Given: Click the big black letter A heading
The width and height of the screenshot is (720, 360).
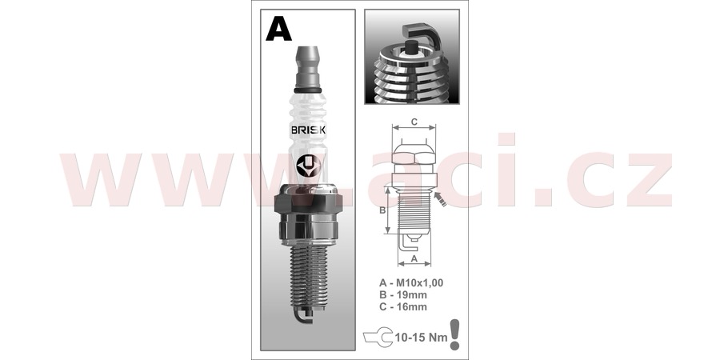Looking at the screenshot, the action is point(278,29).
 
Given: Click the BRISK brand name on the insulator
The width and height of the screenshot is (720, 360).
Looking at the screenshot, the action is point(309,130).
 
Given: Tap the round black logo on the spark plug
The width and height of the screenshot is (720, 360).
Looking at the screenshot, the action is point(308,166).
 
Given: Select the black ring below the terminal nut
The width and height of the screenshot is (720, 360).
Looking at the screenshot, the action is point(309,90).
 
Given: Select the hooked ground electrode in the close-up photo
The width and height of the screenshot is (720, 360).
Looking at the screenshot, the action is point(425,37).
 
